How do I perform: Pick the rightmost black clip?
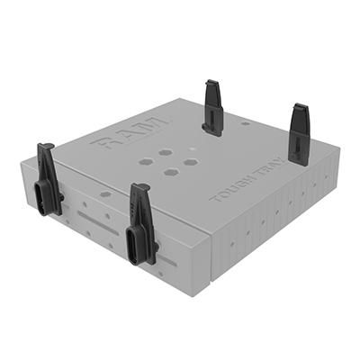click(x=299, y=135)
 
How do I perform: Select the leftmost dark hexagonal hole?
click(x=146, y=163)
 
